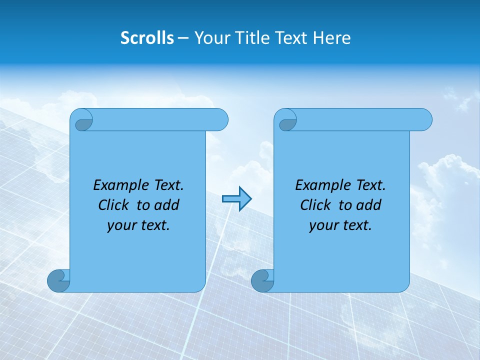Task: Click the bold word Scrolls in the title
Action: tap(147, 38)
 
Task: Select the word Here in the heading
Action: tap(332, 38)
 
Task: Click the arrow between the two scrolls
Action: tap(236, 199)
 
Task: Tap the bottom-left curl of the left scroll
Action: tap(58, 280)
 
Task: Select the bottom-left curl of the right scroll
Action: tap(262, 280)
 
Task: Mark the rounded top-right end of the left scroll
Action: tap(220, 120)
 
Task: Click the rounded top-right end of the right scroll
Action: tap(424, 120)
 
